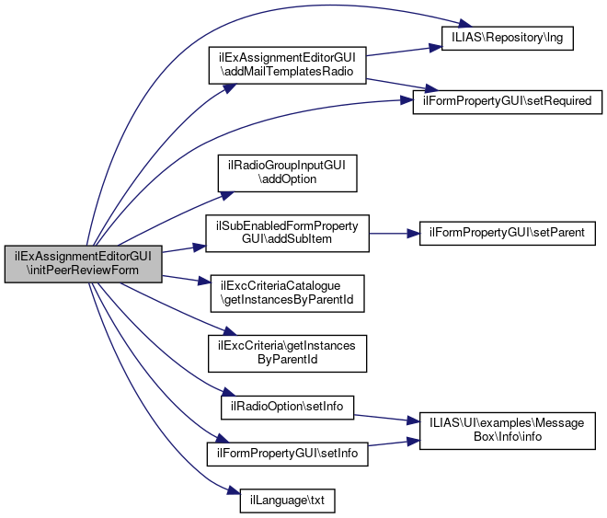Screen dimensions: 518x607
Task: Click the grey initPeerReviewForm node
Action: point(83,263)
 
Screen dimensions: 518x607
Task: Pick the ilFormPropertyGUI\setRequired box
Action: point(508,100)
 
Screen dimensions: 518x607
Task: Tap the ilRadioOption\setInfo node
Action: point(287,407)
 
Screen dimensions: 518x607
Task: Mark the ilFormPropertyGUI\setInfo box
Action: point(287,455)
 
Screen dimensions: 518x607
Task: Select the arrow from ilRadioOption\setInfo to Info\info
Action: point(386,418)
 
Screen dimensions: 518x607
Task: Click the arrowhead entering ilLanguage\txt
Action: point(223,499)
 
